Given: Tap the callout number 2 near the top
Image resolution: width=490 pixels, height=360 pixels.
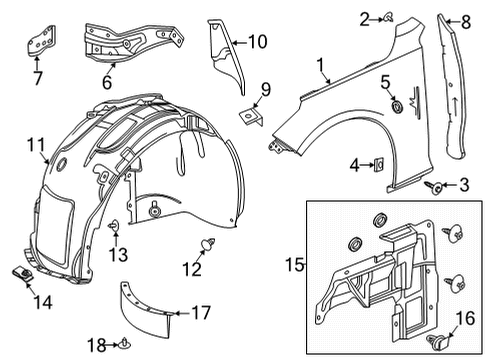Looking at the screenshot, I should pyautogui.click(x=366, y=16).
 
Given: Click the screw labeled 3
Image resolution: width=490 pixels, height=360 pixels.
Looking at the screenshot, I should pyautogui.click(x=437, y=187).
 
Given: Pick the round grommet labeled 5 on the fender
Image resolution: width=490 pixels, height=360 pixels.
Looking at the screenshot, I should pyautogui.click(x=397, y=105).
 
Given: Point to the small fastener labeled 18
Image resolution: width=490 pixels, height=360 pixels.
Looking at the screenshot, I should pyautogui.click(x=124, y=346).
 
